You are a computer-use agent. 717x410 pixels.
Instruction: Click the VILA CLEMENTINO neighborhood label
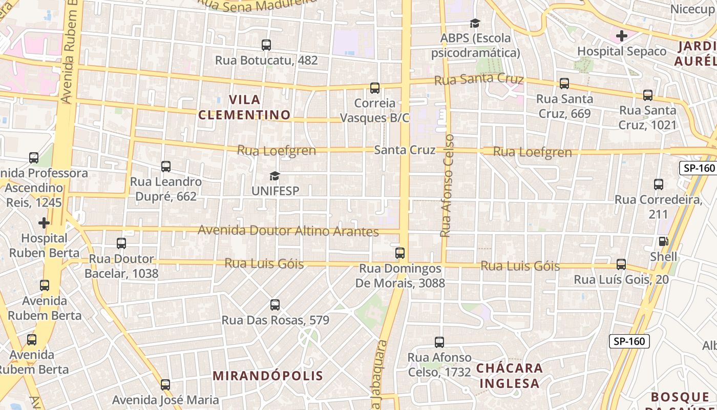[244, 107]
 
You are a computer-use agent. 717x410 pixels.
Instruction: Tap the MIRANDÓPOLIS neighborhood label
[268, 376]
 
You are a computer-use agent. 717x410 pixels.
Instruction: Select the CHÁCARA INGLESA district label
[509, 375]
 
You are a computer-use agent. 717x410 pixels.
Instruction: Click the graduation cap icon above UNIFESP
[275, 176]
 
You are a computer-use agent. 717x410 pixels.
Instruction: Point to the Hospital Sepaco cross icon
[622, 36]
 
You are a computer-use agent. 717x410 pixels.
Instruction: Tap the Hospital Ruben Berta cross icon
[44, 223]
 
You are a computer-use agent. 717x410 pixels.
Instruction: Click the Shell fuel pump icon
[663, 241]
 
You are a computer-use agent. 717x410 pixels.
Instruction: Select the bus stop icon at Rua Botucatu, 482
[266, 45]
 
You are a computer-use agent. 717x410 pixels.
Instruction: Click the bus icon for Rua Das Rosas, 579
[275, 305]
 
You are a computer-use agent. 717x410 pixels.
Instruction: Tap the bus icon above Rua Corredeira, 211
[659, 184]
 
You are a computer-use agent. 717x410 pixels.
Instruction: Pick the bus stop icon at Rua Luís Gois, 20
[621, 264]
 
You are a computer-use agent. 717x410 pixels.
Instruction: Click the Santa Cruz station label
[405, 150]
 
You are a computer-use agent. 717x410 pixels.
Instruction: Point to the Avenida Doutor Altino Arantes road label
[288, 231]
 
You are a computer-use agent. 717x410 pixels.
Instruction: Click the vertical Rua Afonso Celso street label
[447, 186]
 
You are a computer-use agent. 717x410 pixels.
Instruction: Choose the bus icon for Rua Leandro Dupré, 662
[166, 167]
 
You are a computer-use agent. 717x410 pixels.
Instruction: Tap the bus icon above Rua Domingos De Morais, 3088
[400, 253]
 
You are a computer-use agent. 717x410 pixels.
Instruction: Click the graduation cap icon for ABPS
[475, 23]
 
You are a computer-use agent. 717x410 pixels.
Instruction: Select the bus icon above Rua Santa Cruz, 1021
[648, 95]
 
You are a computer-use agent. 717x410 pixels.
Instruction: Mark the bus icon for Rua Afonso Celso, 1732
[439, 342]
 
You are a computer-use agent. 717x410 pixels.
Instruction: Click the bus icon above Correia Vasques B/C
[375, 88]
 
